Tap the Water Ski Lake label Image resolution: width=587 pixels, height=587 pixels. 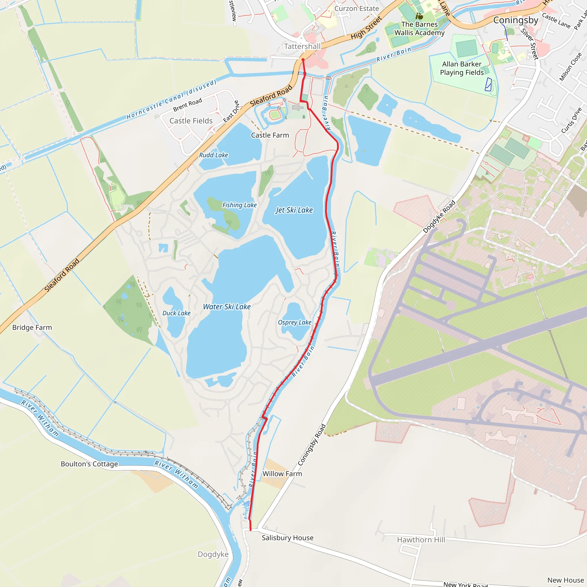tap(227, 307)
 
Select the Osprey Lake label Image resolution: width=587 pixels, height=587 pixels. tap(294, 322)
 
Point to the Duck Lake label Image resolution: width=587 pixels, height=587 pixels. tap(176, 313)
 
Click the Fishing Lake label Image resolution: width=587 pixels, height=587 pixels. tap(239, 205)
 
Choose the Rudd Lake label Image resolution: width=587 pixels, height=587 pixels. tap(213, 155)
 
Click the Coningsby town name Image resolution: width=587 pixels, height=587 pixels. tap(515, 20)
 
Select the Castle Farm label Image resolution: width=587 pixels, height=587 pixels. tap(270, 136)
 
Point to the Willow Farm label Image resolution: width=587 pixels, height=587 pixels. tap(282, 474)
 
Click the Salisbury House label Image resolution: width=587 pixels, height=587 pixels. tap(287, 538)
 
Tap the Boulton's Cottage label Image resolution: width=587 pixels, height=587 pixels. tap(89, 464)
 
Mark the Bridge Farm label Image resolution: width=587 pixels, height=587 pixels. tap(32, 328)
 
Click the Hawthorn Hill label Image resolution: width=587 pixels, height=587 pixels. tap(421, 540)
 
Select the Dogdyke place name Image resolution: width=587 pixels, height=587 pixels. tap(213, 555)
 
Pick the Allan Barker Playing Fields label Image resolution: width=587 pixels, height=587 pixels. tap(461, 69)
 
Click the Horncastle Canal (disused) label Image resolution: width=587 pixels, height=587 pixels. tap(171, 99)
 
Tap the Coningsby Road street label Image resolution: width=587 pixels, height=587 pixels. tap(312, 445)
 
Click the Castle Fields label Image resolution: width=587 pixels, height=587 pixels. tap(191, 121)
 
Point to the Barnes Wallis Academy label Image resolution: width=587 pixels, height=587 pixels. tap(419, 29)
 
